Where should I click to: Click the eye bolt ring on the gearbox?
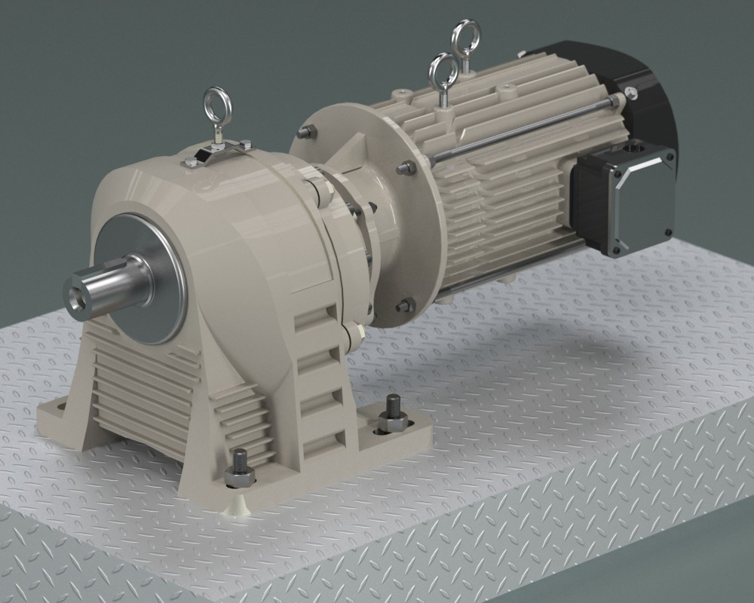pos(216,103)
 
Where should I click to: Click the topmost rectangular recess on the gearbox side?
pos(311,320)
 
